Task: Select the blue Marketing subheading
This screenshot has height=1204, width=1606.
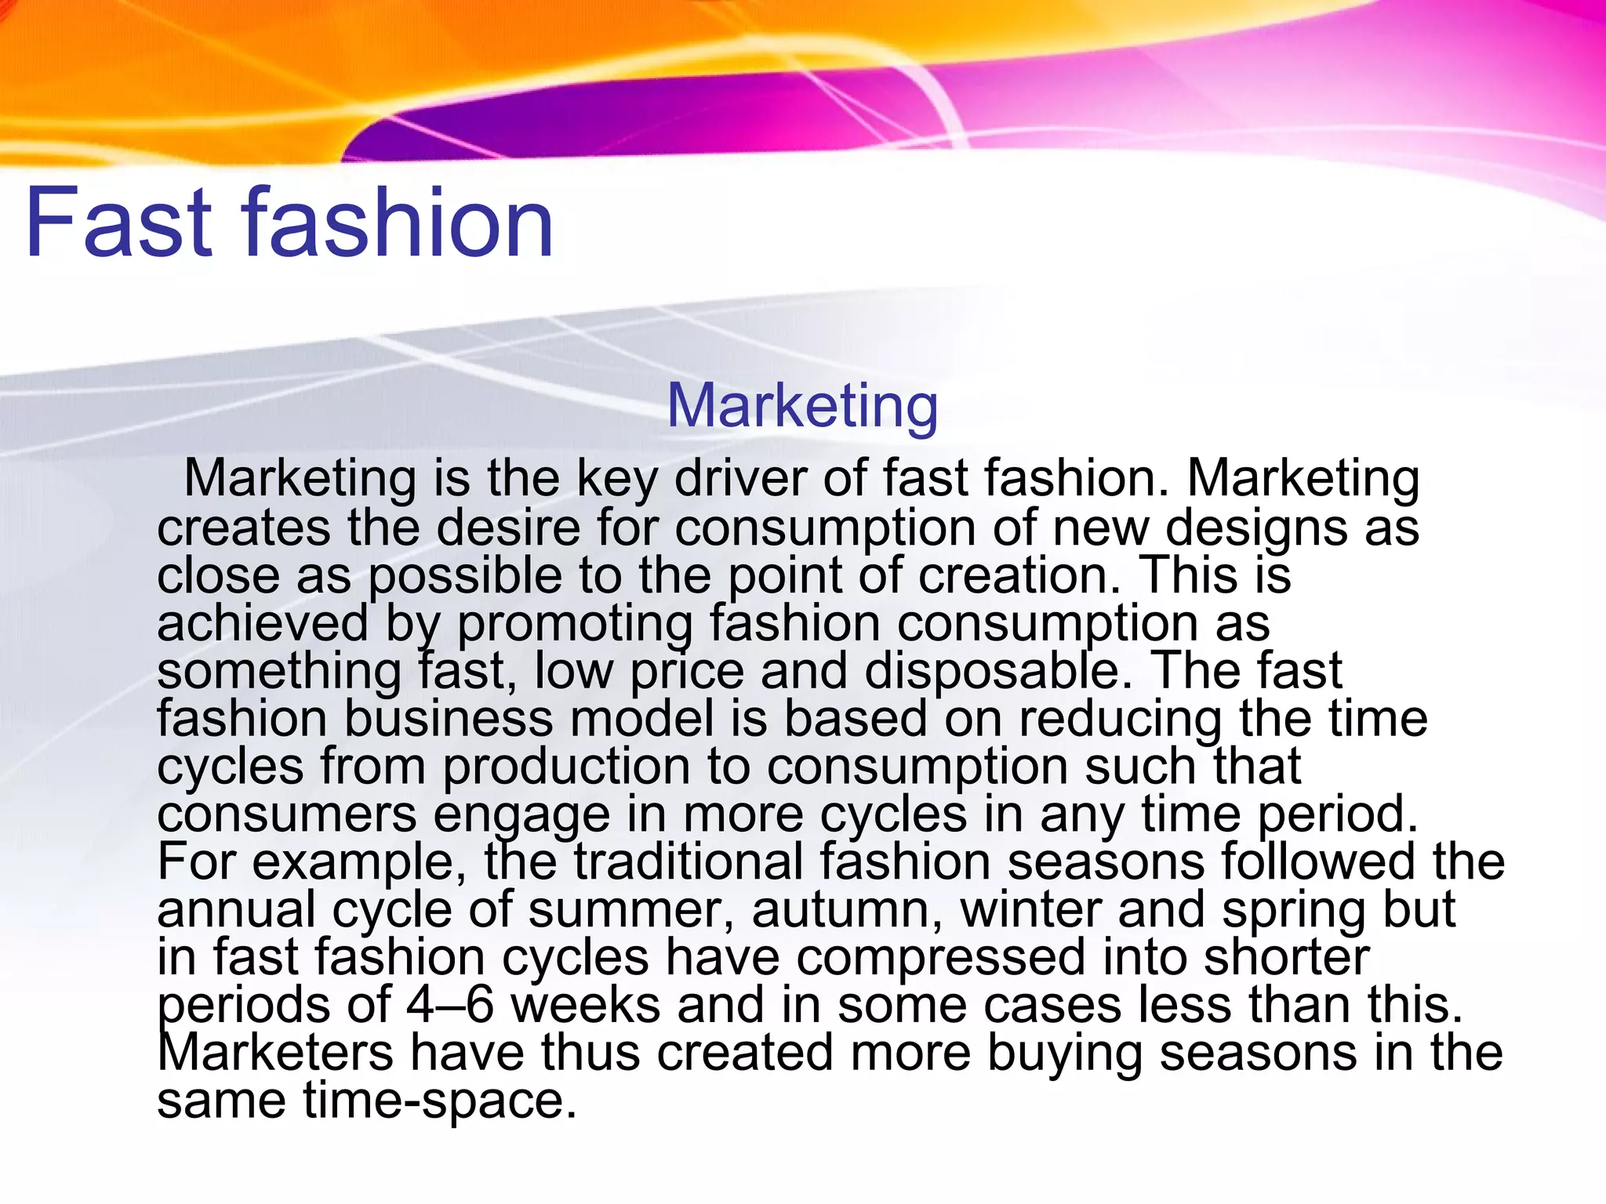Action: [x=802, y=405]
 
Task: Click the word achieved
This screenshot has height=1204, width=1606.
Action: [x=262, y=623]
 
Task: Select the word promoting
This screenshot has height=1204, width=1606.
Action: [x=575, y=625]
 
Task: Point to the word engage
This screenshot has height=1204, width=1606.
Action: [x=521, y=815]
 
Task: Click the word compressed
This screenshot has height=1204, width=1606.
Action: [x=939, y=958]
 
